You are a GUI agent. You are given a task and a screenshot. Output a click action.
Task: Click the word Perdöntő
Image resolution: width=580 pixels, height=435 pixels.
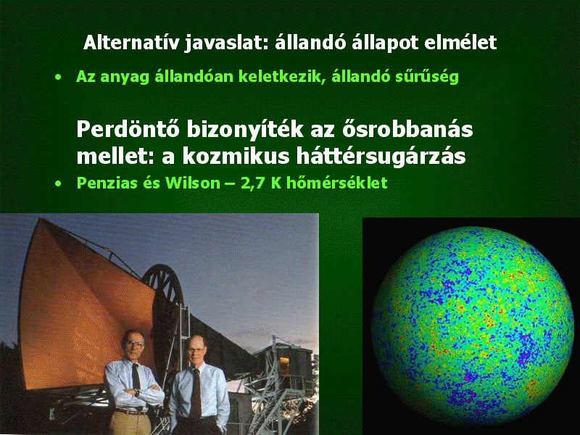coord(128,130)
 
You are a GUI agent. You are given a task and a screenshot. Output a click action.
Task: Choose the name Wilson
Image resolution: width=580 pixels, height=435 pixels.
coord(193,183)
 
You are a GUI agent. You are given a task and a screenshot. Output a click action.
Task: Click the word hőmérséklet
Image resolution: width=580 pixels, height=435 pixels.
coord(336,183)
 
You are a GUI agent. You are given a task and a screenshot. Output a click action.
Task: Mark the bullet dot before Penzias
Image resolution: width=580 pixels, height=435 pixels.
coord(58,183)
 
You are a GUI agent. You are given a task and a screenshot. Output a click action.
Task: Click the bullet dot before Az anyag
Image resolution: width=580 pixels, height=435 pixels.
coord(58,77)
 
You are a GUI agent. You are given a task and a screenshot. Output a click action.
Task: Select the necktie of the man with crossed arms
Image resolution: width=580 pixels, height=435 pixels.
coord(136,376)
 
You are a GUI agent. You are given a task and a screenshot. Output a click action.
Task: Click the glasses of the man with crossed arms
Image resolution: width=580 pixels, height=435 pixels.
coord(134,344)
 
